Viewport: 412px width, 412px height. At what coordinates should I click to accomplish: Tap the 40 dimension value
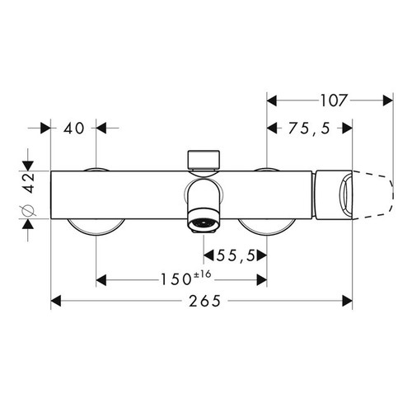[x=73, y=129]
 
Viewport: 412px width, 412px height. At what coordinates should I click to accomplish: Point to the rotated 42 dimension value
[x=27, y=182]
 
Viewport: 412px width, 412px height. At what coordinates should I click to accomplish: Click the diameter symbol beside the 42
[x=27, y=213]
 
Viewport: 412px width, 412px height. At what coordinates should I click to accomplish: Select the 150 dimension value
[x=174, y=280]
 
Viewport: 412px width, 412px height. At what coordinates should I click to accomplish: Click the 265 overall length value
[x=203, y=302]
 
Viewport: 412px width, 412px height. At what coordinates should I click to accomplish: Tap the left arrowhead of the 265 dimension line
[x=56, y=302]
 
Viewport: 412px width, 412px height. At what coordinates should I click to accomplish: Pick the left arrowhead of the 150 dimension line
[x=101, y=280]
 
